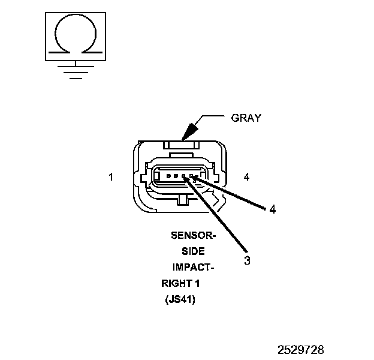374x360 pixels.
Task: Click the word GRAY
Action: (x=246, y=118)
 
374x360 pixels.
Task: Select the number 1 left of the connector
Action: (x=111, y=177)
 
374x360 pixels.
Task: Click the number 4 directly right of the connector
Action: (x=247, y=177)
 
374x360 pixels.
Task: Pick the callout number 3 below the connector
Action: (x=246, y=260)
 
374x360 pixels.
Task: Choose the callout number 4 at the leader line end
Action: (x=272, y=209)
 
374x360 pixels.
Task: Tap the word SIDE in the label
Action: (x=193, y=252)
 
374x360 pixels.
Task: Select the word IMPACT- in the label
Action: (x=193, y=268)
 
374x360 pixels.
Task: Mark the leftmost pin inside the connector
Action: (x=168, y=176)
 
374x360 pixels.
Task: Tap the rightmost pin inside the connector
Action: (x=191, y=176)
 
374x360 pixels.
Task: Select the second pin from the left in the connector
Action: (x=176, y=176)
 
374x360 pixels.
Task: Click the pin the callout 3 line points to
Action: (x=184, y=176)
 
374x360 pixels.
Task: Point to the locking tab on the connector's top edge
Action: (x=180, y=144)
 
